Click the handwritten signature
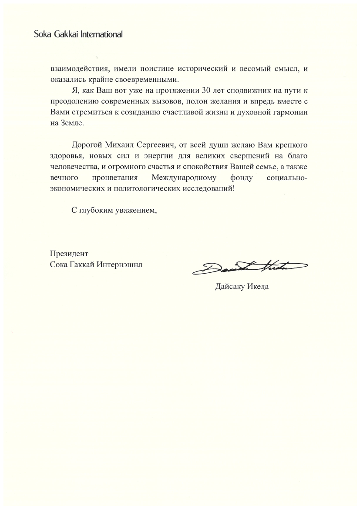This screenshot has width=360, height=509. pyautogui.click(x=250, y=267)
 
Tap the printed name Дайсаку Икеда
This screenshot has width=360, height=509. pyautogui.click(x=242, y=287)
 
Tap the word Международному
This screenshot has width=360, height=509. pyautogui.click(x=183, y=177)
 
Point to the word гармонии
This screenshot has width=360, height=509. pyautogui.click(x=290, y=112)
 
